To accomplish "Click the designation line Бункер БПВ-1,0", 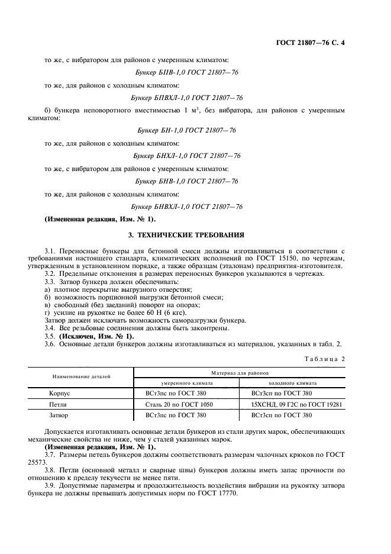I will click(187, 72).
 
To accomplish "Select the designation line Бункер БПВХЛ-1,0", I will click(187, 98).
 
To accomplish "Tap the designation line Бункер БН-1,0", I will click(187, 130).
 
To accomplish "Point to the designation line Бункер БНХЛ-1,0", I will click(187, 156).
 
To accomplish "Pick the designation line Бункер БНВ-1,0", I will click(187, 181).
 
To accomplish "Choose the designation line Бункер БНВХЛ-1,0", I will click(187, 207).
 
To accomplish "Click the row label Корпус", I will click(60, 393).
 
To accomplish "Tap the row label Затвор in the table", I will click(60, 415).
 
